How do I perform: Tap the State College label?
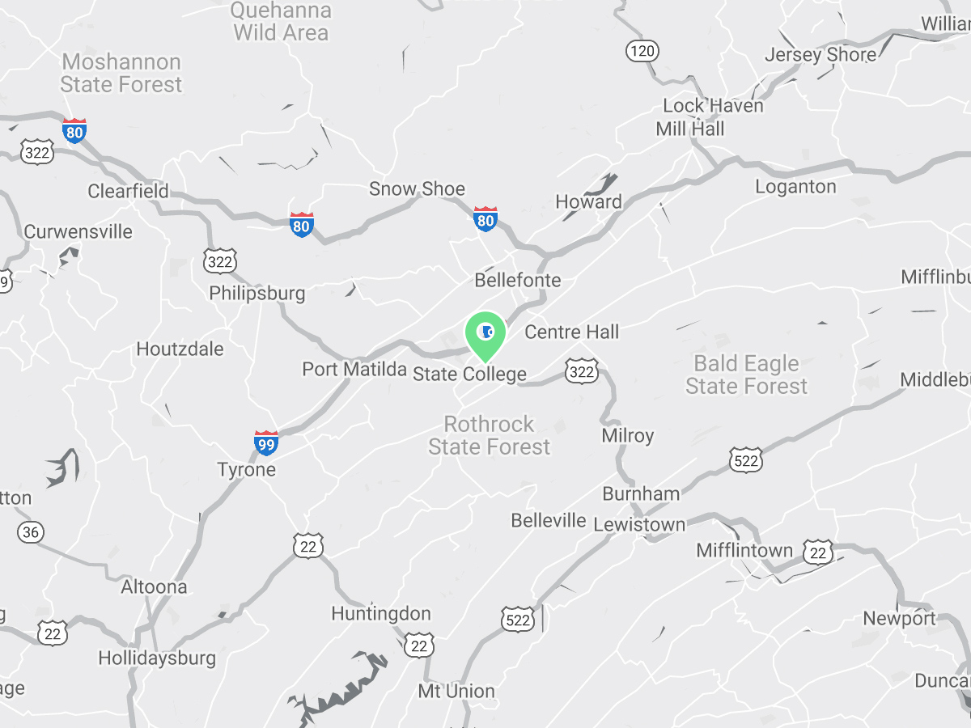click(x=469, y=375)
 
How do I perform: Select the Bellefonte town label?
click(x=517, y=281)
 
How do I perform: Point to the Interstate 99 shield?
click(x=265, y=443)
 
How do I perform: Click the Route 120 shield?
click(x=642, y=52)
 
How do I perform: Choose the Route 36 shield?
click(x=31, y=532)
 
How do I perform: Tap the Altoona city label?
click(x=154, y=586)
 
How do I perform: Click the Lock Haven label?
click(x=713, y=105)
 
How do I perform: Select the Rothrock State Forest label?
click(x=489, y=435)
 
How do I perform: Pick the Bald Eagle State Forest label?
click(x=746, y=375)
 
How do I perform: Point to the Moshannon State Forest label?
click(x=121, y=73)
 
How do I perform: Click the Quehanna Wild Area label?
click(x=281, y=22)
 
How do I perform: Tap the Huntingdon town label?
click(x=381, y=614)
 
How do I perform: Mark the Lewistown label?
click(x=639, y=524)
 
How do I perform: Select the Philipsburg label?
click(x=257, y=293)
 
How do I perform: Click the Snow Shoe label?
click(x=417, y=189)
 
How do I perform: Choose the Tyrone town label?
click(x=247, y=470)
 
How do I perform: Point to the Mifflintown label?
click(x=744, y=551)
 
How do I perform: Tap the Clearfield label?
click(x=128, y=191)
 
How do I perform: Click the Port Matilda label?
click(x=354, y=370)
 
